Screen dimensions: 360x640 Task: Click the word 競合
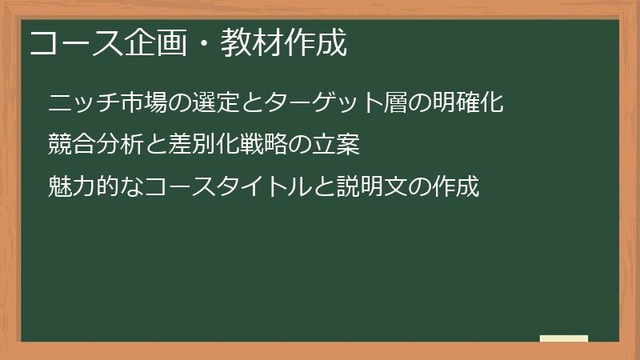(x=70, y=146)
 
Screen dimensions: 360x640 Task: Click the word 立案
(x=337, y=146)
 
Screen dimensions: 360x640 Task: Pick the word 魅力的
(x=82, y=188)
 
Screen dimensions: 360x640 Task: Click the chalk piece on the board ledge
(x=564, y=338)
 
